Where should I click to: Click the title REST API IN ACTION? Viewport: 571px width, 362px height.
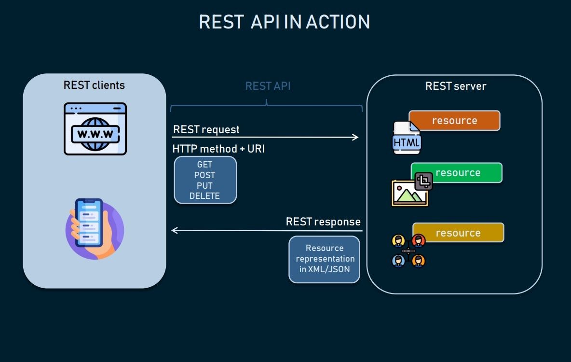(285, 22)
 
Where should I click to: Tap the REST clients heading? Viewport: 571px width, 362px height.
(94, 85)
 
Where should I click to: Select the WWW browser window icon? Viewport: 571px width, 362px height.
(95, 129)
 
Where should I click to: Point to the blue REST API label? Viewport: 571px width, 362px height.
(268, 86)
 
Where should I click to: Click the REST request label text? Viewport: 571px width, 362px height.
(206, 129)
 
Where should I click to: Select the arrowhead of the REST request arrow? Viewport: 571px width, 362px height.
(356, 137)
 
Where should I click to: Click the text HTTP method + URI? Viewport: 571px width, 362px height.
(218, 149)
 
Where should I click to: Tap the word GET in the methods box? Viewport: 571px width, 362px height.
(204, 165)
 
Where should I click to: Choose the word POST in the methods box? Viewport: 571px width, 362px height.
(204, 175)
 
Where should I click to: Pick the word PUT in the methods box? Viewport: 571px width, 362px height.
(204, 185)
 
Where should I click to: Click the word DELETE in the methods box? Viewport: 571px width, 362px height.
(204, 196)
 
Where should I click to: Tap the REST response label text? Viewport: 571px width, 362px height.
(323, 222)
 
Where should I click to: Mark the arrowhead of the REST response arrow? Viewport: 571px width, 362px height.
(175, 231)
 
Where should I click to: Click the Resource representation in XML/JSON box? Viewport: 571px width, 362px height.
(324, 259)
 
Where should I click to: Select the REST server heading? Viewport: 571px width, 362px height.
(455, 86)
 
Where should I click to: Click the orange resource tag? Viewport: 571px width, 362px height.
(454, 121)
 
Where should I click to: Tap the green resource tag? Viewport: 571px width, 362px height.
(457, 173)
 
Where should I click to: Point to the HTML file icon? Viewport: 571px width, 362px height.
(407, 139)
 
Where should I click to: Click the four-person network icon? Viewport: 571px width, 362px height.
(408, 251)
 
